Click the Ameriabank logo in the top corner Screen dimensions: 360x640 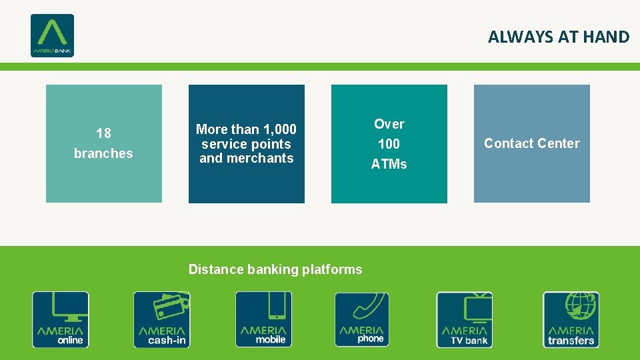[52, 35]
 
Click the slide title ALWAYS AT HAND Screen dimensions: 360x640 [558, 37]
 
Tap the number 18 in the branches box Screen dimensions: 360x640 [103, 133]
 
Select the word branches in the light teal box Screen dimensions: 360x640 [103, 153]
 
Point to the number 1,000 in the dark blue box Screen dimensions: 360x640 [280, 129]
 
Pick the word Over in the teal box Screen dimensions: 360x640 [389, 124]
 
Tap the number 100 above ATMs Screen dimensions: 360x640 [389, 144]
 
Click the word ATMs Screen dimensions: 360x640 [389, 164]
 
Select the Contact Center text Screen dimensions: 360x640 [531, 143]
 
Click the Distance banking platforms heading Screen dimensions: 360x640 [275, 269]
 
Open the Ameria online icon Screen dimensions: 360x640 [61, 319]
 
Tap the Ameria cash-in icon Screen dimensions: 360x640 [162, 319]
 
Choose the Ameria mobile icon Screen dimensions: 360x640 [263, 319]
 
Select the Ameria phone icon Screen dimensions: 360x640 [361, 319]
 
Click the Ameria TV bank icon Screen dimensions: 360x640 [465, 319]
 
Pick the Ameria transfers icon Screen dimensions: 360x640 [571, 319]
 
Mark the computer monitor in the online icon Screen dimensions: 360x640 [61, 307]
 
